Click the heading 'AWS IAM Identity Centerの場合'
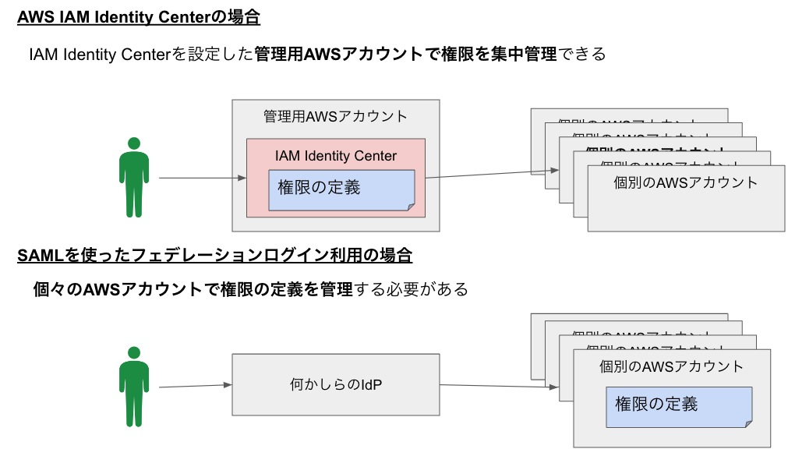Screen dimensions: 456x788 click(x=138, y=17)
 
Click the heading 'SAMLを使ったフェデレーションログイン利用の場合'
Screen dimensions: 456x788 click(x=214, y=255)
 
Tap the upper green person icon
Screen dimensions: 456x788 click(x=134, y=178)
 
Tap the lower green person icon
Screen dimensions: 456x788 click(x=134, y=386)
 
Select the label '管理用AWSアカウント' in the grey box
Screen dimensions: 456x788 click(x=335, y=117)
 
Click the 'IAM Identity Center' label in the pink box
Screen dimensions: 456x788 click(x=335, y=156)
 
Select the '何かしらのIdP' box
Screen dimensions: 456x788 click(x=335, y=384)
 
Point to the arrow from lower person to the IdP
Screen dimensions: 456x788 click(x=195, y=385)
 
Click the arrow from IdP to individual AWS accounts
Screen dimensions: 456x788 click(x=499, y=386)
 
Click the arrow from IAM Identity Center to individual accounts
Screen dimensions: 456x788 click(x=491, y=174)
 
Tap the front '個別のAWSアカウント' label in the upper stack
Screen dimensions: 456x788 click(x=685, y=183)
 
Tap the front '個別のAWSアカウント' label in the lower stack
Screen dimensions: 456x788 click(x=671, y=366)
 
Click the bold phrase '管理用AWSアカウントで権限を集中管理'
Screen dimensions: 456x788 click(x=405, y=55)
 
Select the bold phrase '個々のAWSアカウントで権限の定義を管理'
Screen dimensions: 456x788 click(x=193, y=290)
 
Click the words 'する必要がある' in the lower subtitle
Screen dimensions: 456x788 click(x=411, y=290)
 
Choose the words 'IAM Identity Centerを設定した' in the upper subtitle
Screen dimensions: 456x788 click(x=141, y=55)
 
